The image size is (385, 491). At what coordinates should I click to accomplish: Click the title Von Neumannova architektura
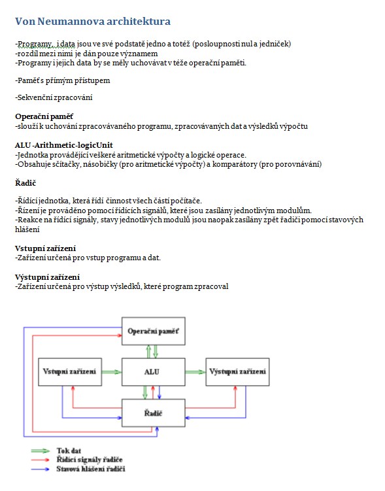click(93, 22)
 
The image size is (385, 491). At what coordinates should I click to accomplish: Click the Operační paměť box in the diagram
click(154, 331)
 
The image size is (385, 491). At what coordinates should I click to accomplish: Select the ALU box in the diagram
click(154, 372)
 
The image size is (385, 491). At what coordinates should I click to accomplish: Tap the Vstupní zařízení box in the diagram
click(70, 372)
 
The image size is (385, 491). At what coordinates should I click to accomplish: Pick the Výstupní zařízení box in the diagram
click(237, 372)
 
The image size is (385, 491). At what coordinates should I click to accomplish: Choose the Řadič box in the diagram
click(154, 413)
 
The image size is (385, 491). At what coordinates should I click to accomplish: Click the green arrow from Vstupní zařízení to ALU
click(112, 372)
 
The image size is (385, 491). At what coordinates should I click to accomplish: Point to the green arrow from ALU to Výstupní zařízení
click(195, 372)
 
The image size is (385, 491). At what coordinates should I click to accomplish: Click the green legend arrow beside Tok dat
click(41, 451)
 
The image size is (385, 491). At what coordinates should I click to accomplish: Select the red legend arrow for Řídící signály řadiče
click(41, 460)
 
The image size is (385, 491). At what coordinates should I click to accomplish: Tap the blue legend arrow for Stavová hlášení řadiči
click(41, 469)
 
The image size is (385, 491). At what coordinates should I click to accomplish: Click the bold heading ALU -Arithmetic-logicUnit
click(64, 145)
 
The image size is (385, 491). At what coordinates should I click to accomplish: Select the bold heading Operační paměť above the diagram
click(44, 116)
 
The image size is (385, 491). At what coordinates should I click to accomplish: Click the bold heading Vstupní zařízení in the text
click(45, 248)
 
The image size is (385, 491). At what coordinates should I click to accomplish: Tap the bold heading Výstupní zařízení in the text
click(47, 277)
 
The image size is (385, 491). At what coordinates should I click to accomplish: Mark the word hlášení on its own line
click(27, 229)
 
